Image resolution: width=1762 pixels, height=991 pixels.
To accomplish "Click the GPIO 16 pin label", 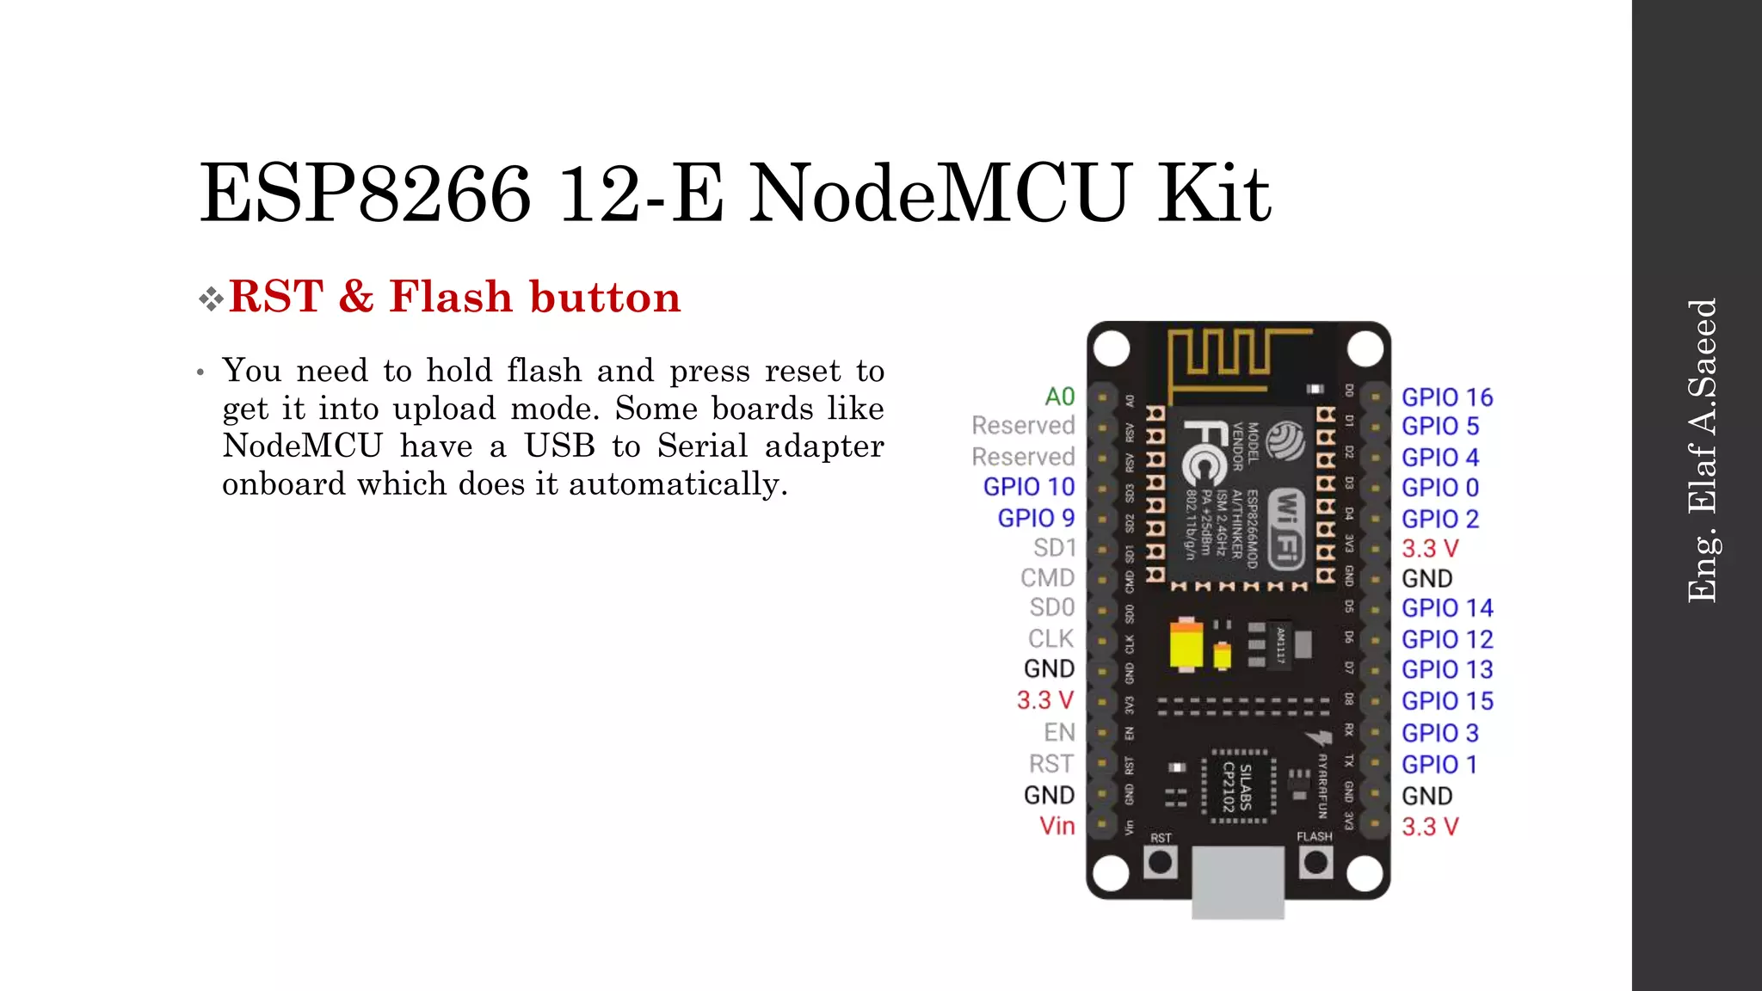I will (1446, 397).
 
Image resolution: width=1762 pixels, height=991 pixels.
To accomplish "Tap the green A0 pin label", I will (1059, 397).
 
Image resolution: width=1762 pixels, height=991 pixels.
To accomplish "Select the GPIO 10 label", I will (1028, 487).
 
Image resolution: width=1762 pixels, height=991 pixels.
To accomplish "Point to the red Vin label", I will (1057, 826).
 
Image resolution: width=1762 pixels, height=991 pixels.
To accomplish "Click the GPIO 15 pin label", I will (1446, 701).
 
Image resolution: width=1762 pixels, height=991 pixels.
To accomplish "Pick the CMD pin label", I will (1047, 577).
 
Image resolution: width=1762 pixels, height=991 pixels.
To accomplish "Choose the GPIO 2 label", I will (1439, 519).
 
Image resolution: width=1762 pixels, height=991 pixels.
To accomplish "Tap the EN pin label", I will (1059, 732).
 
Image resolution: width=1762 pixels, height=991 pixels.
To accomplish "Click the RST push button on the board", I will (1160, 862).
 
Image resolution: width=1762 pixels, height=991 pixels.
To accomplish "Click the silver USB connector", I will (1237, 882).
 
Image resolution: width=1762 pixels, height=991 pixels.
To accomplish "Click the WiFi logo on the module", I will (1286, 526).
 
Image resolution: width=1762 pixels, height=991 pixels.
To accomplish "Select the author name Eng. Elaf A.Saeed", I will (1701, 450).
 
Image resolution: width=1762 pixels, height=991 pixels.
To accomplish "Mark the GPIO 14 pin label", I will (1446, 608).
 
